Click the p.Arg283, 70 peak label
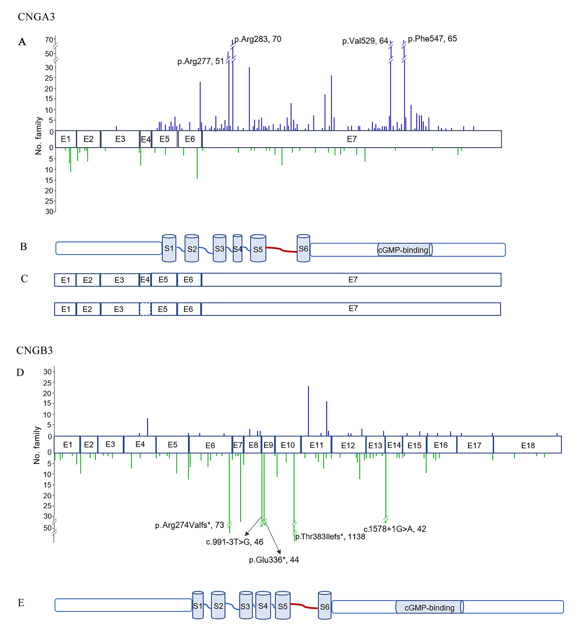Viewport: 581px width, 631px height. point(258,39)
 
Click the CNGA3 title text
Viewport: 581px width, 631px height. point(36,17)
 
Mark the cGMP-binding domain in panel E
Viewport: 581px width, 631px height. point(430,607)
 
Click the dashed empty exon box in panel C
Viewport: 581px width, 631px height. point(145,309)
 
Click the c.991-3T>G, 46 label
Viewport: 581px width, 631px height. point(235,542)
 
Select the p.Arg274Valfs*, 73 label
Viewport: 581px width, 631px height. point(189,525)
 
